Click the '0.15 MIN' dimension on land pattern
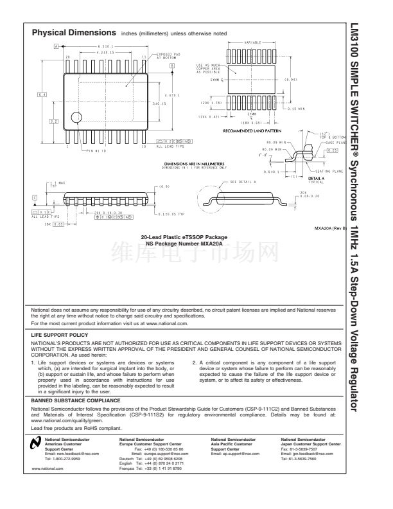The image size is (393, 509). tap(314, 109)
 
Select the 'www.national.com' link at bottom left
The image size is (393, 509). tap(45, 470)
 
